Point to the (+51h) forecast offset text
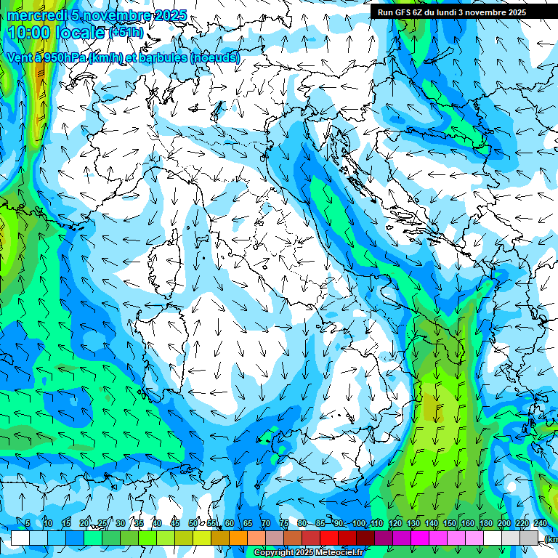126,33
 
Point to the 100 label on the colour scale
359,523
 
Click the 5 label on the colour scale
28,523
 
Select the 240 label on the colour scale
541,523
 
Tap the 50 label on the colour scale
193,523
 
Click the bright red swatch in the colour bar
329,538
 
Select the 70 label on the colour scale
266,523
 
